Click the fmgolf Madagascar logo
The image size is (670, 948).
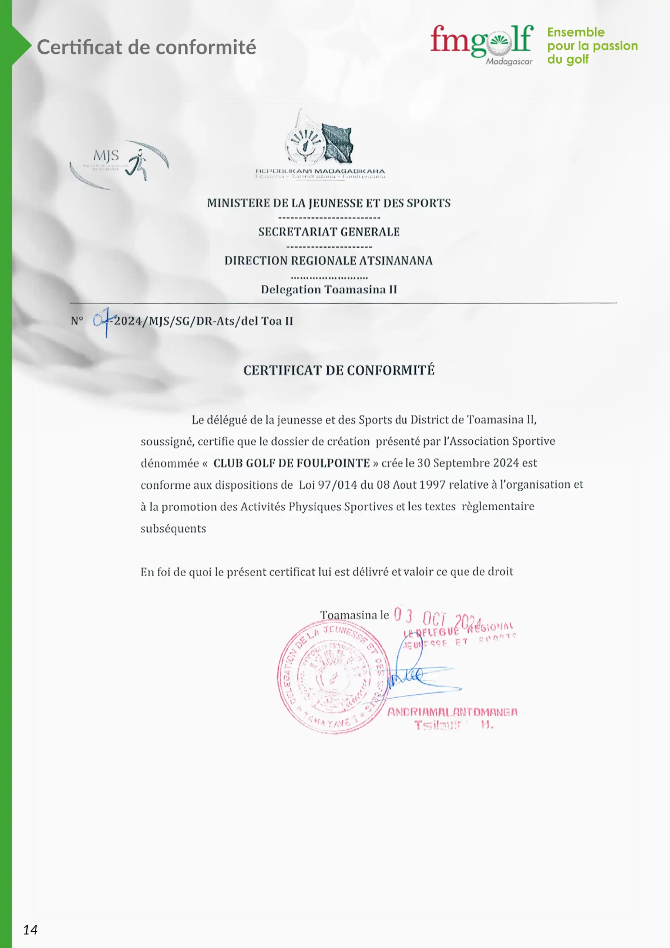pyautogui.click(x=481, y=43)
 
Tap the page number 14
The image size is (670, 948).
pyautogui.click(x=30, y=929)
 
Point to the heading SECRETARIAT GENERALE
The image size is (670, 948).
pyautogui.click(x=329, y=232)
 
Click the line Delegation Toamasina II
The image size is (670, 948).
pyautogui.click(x=329, y=290)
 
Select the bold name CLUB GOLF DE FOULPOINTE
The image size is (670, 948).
pyautogui.click(x=291, y=463)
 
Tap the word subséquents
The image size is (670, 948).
pyautogui.click(x=173, y=528)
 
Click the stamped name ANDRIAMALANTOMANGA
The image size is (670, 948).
pyautogui.click(x=452, y=712)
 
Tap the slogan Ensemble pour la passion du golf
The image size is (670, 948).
pyautogui.click(x=592, y=46)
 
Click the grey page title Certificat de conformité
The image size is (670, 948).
pyautogui.click(x=147, y=47)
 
